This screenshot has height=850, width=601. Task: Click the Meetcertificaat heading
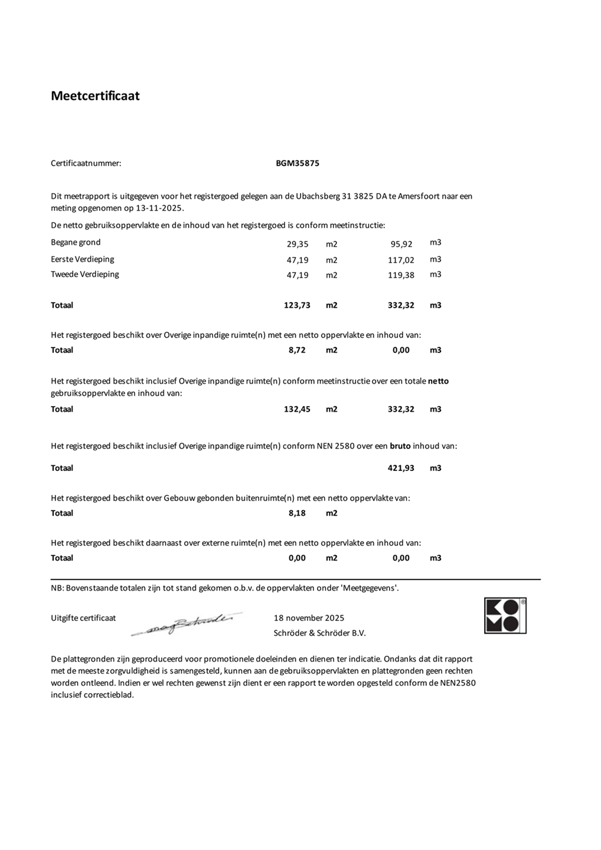(x=95, y=96)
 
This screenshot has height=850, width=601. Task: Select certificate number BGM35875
(x=298, y=164)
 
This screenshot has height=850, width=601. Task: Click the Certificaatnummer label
(x=86, y=164)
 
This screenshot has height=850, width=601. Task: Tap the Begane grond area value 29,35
(x=298, y=244)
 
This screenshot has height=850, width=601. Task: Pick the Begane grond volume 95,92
(x=401, y=244)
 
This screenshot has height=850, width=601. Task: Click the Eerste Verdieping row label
(x=83, y=259)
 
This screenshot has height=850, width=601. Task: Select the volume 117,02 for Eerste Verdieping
(x=401, y=260)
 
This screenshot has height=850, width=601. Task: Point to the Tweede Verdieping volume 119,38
(x=401, y=275)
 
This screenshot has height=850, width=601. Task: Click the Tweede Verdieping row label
(x=85, y=274)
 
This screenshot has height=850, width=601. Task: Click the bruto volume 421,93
(x=401, y=468)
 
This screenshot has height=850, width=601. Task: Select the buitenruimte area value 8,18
(x=297, y=514)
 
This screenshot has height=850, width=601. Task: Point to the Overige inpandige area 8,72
(x=297, y=351)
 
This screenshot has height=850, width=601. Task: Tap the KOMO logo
(x=505, y=616)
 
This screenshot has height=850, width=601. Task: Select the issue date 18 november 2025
(x=309, y=619)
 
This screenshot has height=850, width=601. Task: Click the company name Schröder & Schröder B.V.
(x=320, y=633)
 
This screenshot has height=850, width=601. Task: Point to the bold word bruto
(x=400, y=446)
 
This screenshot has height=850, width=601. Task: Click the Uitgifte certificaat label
(x=83, y=619)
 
